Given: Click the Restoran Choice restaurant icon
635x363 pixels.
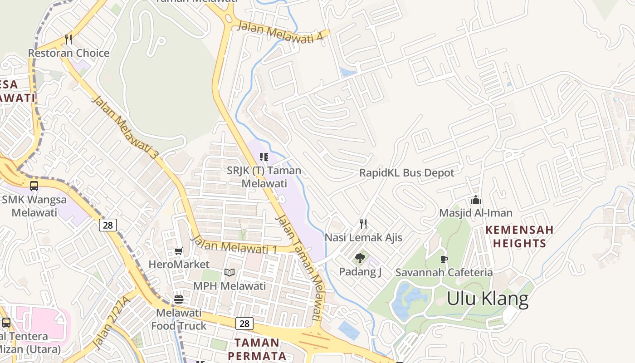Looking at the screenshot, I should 68,39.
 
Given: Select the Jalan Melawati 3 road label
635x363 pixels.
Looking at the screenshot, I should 125,127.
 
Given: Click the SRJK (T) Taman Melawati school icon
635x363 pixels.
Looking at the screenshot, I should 264,157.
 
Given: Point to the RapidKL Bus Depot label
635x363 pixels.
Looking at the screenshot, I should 406,173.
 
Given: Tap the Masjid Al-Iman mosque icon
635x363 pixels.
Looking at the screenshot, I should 475,200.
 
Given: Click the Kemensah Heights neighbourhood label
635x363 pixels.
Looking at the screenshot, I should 519,236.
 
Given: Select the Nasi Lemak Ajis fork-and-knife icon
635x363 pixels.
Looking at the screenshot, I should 363,224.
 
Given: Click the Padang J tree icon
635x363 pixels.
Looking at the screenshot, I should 360,258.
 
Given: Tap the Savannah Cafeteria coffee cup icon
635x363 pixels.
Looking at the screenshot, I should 444,259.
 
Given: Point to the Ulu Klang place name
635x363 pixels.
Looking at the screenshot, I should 488,299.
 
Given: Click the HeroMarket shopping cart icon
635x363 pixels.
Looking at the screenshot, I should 179,251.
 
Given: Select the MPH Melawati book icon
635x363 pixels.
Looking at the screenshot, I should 230,272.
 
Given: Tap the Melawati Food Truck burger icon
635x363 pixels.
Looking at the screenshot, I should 179,299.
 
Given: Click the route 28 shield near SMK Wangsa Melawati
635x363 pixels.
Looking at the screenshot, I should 108,225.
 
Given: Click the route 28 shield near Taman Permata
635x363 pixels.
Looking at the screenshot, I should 244,324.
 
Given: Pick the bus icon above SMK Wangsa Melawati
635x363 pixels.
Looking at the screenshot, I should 34,186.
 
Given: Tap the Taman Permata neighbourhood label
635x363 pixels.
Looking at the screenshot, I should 257,349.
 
